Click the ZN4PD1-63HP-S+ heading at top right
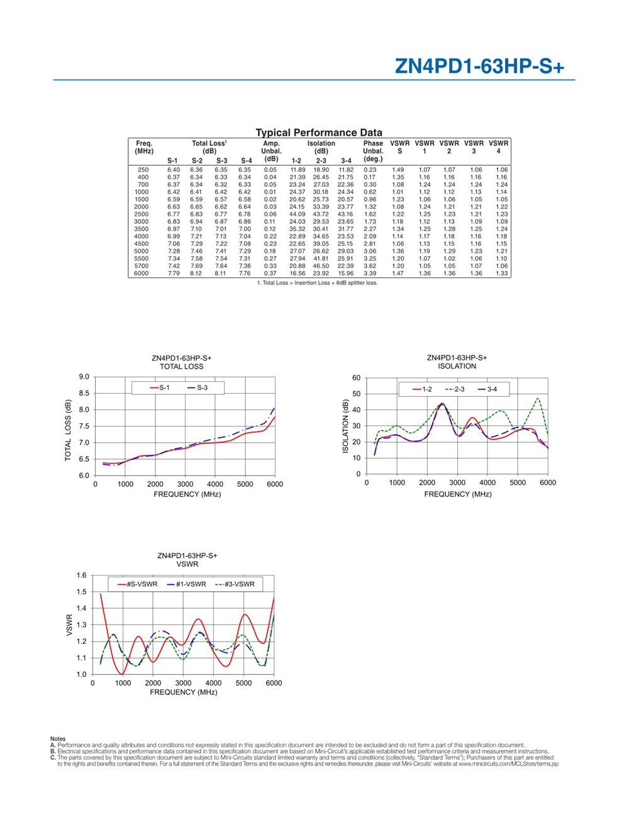pos(479,67)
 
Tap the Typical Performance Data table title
pos(319,133)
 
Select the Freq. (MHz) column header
pos(144,147)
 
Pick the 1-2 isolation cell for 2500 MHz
pos(298,215)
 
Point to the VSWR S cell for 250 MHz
pos(398,170)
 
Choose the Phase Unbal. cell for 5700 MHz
pos(370,266)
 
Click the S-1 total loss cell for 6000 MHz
pos(174,274)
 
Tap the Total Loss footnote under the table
pos(318,283)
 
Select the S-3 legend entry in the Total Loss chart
pos(198,387)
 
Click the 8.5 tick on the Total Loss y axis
pos(84,393)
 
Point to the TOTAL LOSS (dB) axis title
pos(68,430)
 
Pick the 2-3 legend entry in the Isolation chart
pos(455,389)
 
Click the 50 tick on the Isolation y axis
pos(356,394)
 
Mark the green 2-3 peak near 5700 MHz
pos(538,398)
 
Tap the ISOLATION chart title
pos(457,366)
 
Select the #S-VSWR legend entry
pos(137,584)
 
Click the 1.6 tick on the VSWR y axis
pos(81,575)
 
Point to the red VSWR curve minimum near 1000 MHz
pos(121,674)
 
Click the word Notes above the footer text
pos(58,739)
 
